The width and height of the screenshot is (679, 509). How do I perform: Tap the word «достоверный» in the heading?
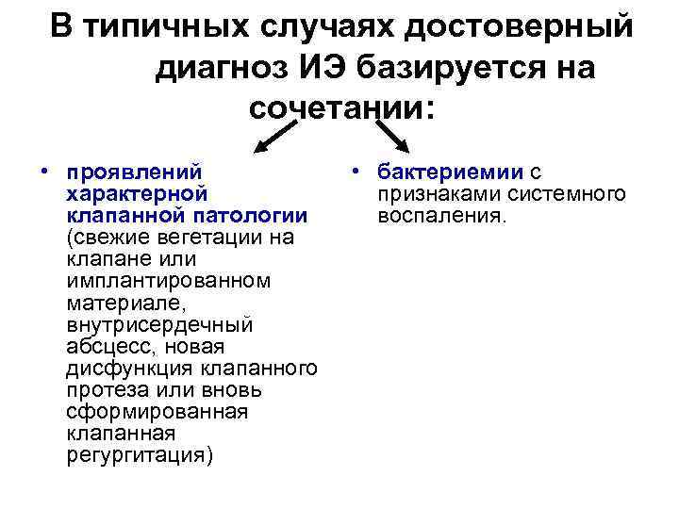tap(520, 27)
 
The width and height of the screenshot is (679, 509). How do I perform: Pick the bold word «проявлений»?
tap(135, 172)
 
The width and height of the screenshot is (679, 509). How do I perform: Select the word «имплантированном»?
tap(169, 281)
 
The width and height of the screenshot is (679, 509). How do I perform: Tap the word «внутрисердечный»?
tap(160, 325)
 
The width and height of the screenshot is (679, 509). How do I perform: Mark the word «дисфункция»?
tap(125, 369)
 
